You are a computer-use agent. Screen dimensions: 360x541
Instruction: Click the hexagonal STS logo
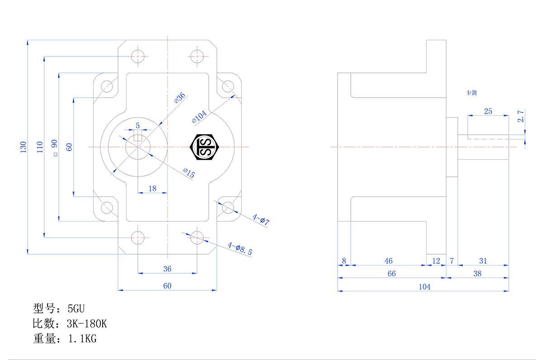(206, 147)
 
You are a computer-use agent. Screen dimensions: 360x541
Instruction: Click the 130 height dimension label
(23, 147)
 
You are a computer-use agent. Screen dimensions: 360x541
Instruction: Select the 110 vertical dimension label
(39, 147)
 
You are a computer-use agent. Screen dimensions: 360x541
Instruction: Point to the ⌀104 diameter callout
(199, 117)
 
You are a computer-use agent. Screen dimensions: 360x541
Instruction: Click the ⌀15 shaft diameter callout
(189, 173)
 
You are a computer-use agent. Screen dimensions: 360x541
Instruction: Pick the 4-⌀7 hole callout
(261, 220)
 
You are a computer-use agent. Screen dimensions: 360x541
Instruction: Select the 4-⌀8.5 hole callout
(240, 248)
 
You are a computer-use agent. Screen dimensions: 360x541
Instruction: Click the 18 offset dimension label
(152, 188)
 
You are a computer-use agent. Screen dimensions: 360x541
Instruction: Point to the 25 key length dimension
(488, 111)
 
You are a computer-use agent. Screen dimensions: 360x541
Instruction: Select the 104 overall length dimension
(424, 287)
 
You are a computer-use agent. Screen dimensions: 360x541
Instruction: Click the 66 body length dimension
(391, 274)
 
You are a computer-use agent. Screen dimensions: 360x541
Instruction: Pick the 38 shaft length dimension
(477, 274)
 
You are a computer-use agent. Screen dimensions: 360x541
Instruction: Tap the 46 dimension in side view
(388, 261)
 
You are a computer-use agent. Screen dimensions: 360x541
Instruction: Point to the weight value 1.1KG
(82, 339)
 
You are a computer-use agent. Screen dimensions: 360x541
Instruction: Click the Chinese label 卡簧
(472, 93)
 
